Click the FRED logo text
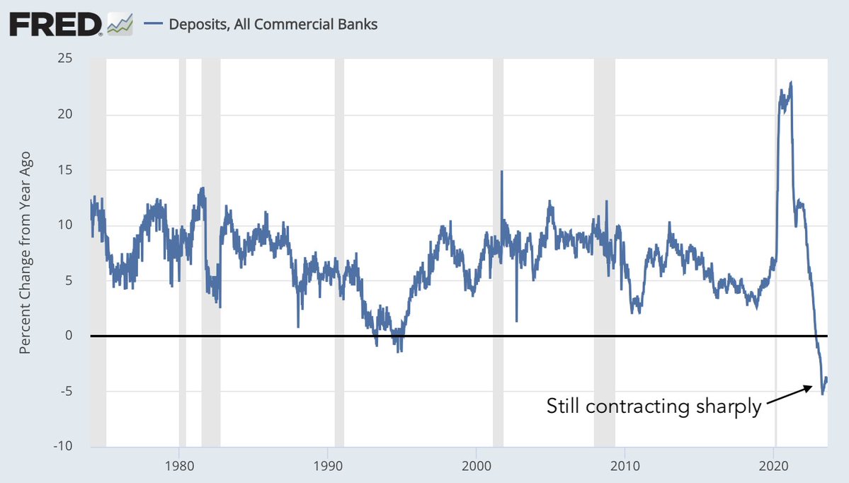click(x=55, y=25)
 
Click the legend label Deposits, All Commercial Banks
click(x=273, y=24)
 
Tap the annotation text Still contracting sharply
click(x=654, y=407)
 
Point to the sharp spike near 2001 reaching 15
click(x=501, y=171)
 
